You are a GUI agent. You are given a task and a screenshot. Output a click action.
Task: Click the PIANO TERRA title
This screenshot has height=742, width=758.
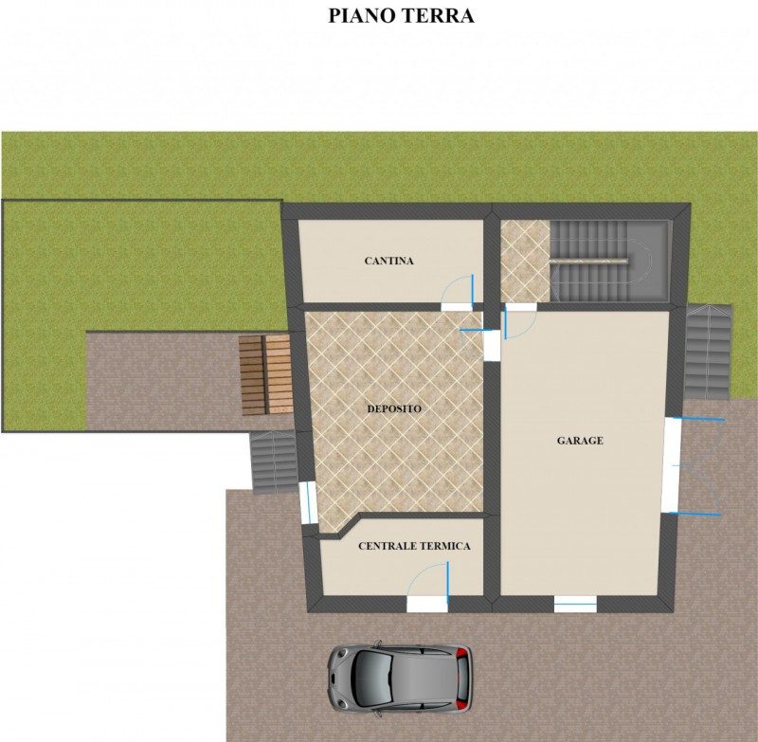coord(401,16)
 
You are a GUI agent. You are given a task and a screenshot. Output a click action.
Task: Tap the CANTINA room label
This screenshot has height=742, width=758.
coord(389,261)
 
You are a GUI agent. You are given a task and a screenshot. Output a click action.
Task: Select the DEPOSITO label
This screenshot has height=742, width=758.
coord(394,409)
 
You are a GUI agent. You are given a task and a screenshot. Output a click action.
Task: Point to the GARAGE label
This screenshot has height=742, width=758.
coord(580,441)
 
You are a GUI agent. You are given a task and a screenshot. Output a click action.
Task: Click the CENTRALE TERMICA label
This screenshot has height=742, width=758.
coord(414,546)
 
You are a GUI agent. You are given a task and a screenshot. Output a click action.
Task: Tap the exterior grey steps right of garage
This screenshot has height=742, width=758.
coord(709,352)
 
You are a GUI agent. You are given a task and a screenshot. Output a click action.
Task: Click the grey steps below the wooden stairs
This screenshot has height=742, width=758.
coord(274,461)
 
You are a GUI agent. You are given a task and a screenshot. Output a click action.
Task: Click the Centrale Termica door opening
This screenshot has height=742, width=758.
coord(427,605)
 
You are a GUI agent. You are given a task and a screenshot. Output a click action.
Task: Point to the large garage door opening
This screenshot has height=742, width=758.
coord(672,466)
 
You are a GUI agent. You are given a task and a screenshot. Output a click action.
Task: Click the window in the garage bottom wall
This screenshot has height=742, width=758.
coord(575,605)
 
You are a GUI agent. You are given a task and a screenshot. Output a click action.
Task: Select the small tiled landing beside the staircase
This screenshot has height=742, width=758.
coord(525,262)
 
